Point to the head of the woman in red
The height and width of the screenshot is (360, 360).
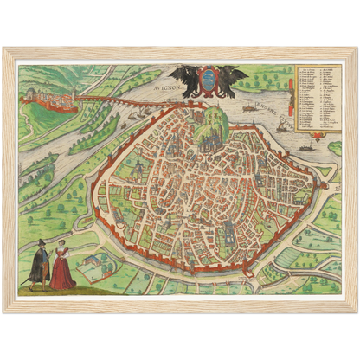[x=61, y=246]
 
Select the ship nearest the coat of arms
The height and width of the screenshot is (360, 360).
[x=250, y=108]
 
